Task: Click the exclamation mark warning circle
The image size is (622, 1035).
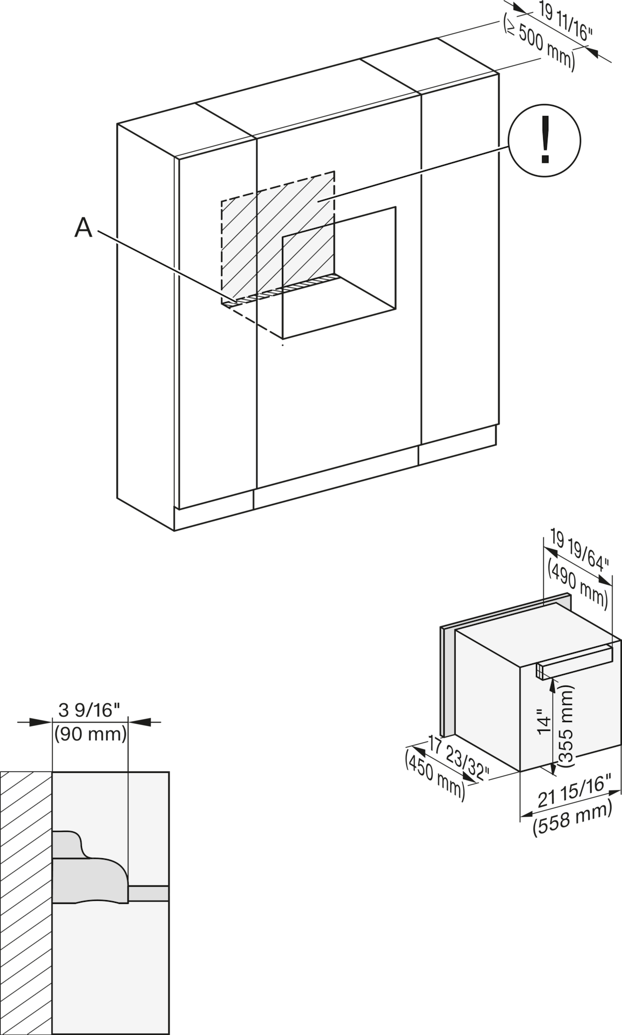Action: [544, 141]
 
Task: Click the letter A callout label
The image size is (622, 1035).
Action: [83, 228]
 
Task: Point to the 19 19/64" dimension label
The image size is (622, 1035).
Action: [581, 552]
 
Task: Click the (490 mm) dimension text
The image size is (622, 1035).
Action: [577, 585]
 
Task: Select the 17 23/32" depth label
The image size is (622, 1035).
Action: [458, 757]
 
